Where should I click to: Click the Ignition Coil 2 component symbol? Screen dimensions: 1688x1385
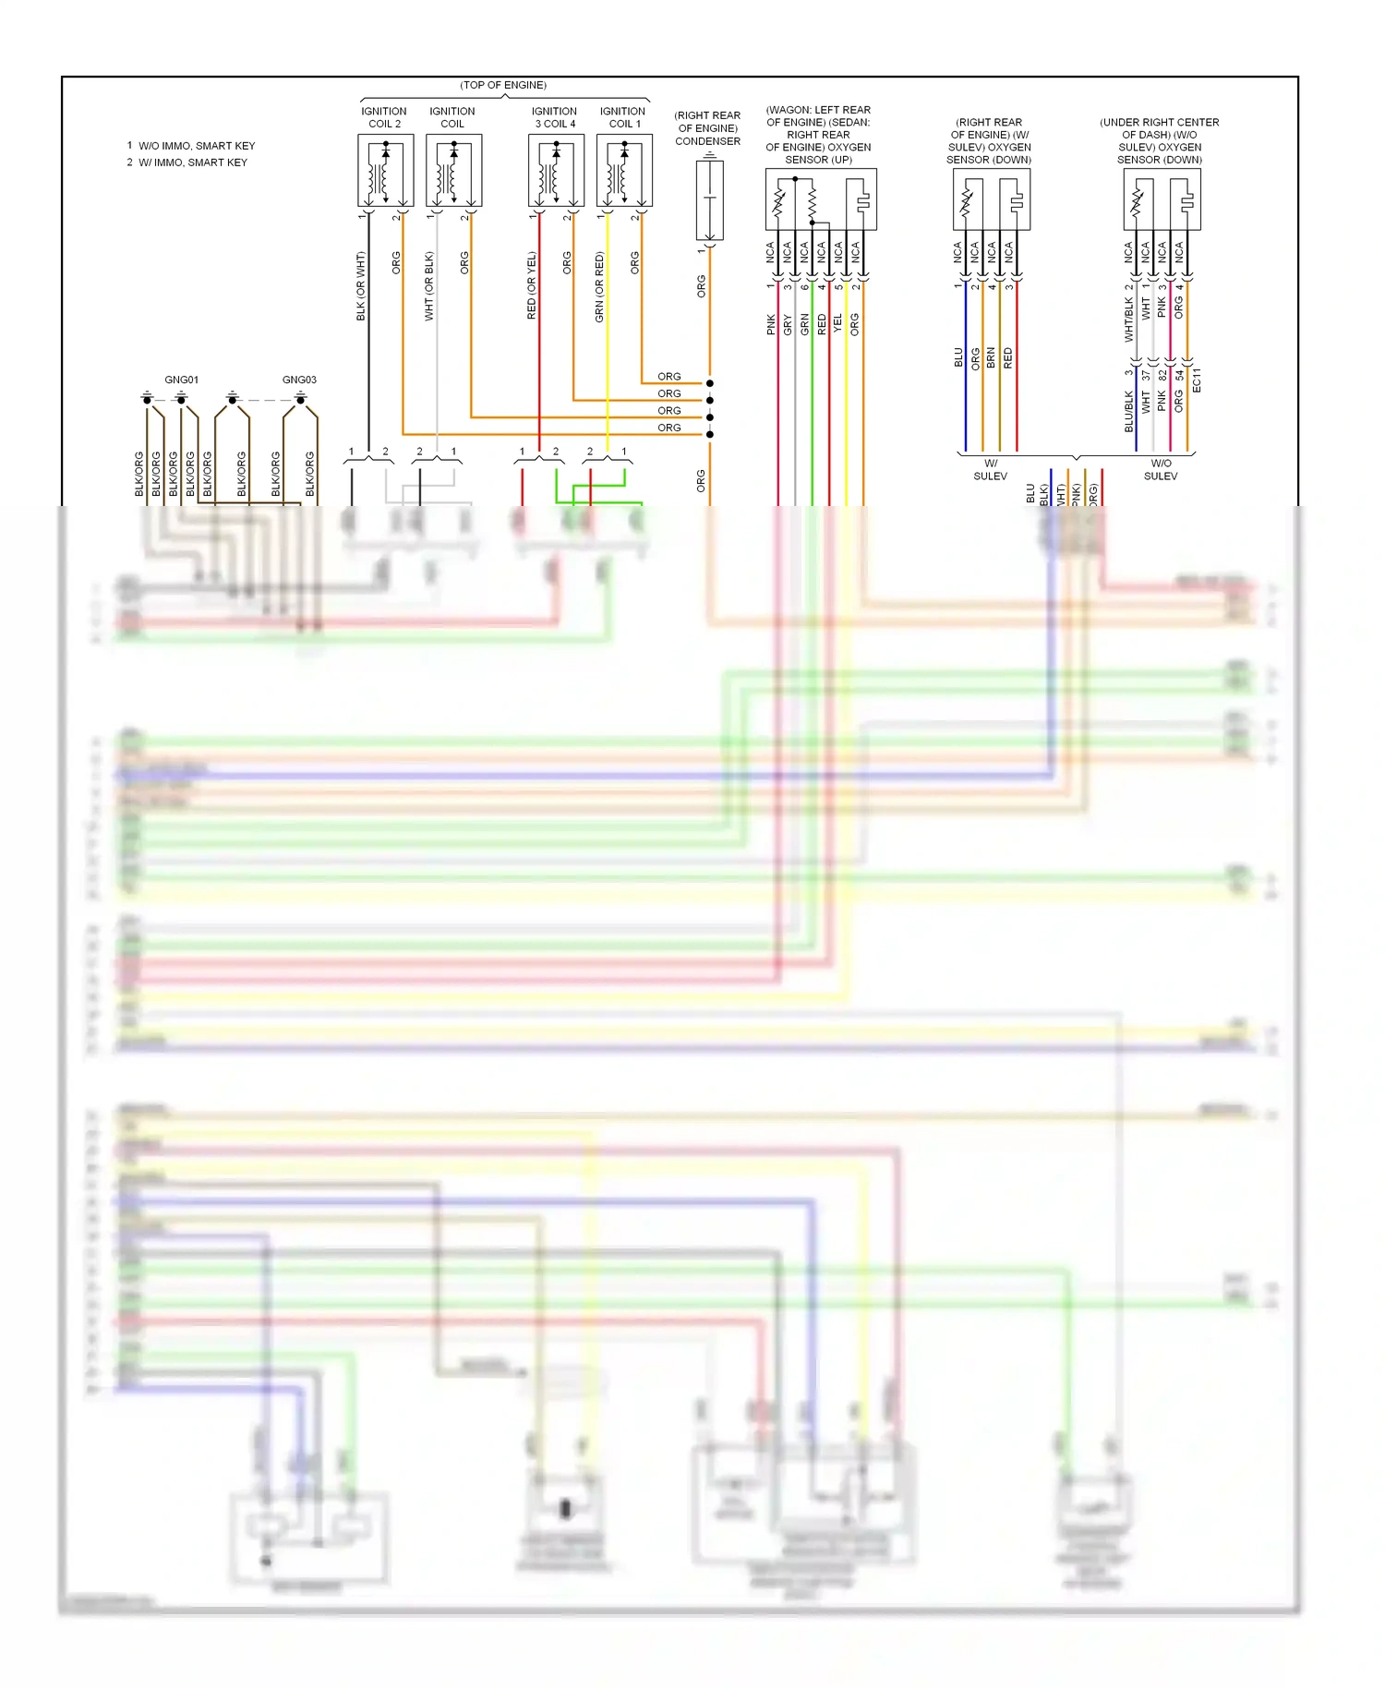click(385, 171)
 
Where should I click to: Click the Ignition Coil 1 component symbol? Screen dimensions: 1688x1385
click(624, 171)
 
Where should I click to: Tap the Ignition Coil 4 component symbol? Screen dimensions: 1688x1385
click(556, 171)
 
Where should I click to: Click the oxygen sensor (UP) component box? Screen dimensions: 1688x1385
click(820, 199)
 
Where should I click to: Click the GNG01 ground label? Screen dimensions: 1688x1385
click(181, 380)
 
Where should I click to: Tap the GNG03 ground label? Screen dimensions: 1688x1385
click(299, 380)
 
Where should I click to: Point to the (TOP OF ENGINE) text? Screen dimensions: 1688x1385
click(503, 85)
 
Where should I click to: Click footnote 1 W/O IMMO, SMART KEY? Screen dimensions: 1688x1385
click(191, 146)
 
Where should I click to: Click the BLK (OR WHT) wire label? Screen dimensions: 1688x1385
click(361, 286)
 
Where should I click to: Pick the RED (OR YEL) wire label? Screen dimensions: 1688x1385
click(531, 286)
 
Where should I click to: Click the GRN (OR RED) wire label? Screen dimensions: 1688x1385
click(599, 286)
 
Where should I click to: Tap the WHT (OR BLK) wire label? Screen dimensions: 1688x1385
click(429, 286)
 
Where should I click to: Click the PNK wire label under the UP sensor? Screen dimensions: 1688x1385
click(771, 324)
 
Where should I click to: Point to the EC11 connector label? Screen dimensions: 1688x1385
click(1197, 380)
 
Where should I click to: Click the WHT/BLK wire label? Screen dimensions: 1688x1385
click(1128, 320)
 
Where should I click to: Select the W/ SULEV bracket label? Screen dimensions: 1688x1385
click(990, 470)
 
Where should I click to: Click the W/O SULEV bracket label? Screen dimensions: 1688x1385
click(1161, 470)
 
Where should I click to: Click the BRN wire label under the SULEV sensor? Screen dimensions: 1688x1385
click(991, 358)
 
